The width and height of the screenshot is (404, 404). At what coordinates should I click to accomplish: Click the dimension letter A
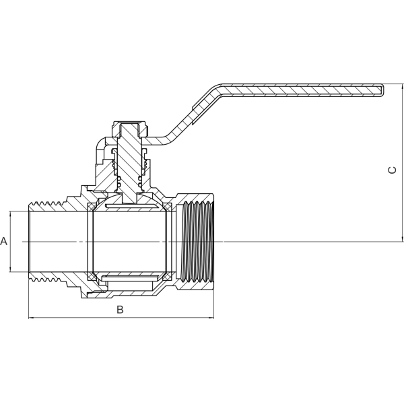pos(3,241)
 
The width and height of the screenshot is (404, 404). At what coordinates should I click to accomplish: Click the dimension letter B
pos(120,310)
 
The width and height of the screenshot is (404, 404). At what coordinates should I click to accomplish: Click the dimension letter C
pos(392,170)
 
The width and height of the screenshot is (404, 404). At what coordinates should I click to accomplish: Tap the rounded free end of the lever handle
pos(382,91)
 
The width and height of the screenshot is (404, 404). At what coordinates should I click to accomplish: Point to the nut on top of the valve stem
pos(130,129)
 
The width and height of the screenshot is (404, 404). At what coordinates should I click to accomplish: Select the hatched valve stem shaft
pos(129,162)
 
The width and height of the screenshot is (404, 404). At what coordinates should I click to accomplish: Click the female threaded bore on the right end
pos(198,242)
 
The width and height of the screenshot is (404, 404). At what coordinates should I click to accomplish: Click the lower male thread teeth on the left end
pos(46,277)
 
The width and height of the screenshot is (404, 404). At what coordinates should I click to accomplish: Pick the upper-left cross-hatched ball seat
pos(92,207)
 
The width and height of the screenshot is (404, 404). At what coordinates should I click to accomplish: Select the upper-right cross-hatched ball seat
pos(168,207)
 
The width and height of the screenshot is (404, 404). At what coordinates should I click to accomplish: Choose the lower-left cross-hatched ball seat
pos(92,277)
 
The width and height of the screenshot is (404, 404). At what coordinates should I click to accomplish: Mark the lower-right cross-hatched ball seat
pos(168,277)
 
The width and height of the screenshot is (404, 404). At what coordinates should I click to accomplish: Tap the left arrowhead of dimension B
pos(31,318)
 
